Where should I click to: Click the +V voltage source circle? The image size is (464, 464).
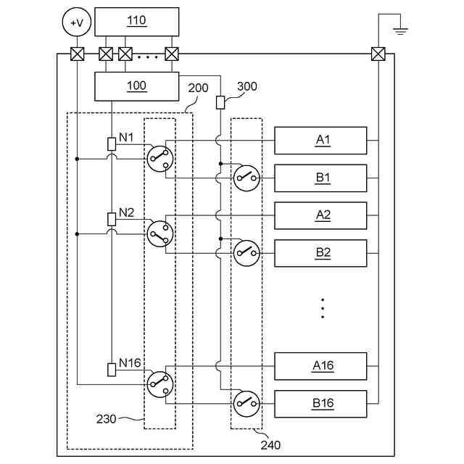pyautogui.click(x=77, y=22)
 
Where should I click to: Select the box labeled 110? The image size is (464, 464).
pyautogui.click(x=137, y=22)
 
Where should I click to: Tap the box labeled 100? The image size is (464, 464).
pyautogui.click(x=137, y=86)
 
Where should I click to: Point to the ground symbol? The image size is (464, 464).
pyautogui.click(x=400, y=30)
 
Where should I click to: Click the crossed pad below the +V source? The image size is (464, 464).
pyautogui.click(x=78, y=54)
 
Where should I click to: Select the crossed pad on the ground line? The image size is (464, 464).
pyautogui.click(x=378, y=54)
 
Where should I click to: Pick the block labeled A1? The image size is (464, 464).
pyautogui.click(x=320, y=141)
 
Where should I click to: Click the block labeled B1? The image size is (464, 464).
pyautogui.click(x=320, y=178)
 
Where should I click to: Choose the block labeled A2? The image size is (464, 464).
pyautogui.click(x=320, y=216)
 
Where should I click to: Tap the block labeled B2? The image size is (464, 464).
pyautogui.click(x=320, y=253)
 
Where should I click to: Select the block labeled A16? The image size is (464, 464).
pyautogui.click(x=320, y=366)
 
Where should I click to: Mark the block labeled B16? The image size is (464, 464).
pyautogui.click(x=320, y=404)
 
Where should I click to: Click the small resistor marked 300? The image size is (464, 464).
pyautogui.click(x=220, y=102)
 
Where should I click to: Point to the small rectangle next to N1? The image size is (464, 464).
pyautogui.click(x=112, y=144)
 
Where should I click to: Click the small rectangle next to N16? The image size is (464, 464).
pyautogui.click(x=112, y=370)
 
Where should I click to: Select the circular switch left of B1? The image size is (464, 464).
pyautogui.click(x=246, y=178)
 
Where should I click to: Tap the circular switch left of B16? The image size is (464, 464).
pyautogui.click(x=246, y=404)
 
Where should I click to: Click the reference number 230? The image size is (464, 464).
pyautogui.click(x=106, y=419)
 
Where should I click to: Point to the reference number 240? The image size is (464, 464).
pyautogui.click(x=270, y=445)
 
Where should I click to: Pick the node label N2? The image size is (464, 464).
pyautogui.click(x=126, y=212)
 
